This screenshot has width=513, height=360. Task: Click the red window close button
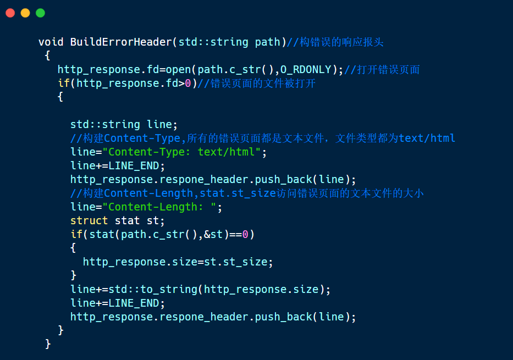point(10,13)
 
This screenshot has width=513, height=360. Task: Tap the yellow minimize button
point(25,13)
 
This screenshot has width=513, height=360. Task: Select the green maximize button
point(40,13)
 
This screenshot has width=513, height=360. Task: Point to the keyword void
point(51,42)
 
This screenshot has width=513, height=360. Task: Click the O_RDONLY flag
point(306,69)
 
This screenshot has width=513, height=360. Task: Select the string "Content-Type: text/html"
point(181,152)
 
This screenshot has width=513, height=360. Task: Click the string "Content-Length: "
point(162,207)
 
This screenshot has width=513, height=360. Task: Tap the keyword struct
point(89,220)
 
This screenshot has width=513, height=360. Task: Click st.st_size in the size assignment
point(235,262)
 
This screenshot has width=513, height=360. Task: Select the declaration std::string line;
point(124,124)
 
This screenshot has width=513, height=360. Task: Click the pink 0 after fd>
point(187,83)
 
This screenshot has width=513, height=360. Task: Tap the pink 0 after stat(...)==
point(245,234)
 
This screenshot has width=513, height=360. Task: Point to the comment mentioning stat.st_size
point(247,193)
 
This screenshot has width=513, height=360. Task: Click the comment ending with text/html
point(263,138)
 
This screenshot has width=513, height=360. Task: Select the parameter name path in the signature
point(267,42)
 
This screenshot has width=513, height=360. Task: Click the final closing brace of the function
point(48,344)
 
